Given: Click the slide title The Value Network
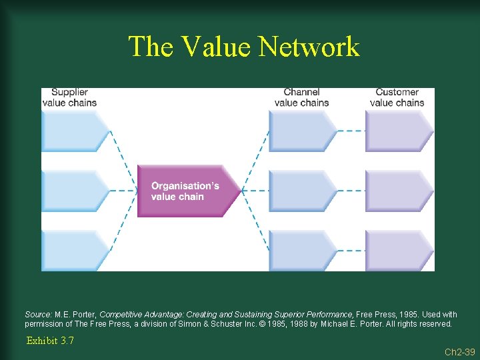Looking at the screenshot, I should (x=243, y=47).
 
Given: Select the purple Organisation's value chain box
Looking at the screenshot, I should (x=187, y=191).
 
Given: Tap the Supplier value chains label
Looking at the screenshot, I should (x=69, y=97).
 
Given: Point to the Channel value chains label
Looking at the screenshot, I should (x=301, y=97).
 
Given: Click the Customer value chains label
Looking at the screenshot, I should (x=397, y=97).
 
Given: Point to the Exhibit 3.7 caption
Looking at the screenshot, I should (x=50, y=341).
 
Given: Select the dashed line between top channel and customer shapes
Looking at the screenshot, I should (x=351, y=131).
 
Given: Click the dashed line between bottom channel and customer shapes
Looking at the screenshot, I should (x=351, y=251).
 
